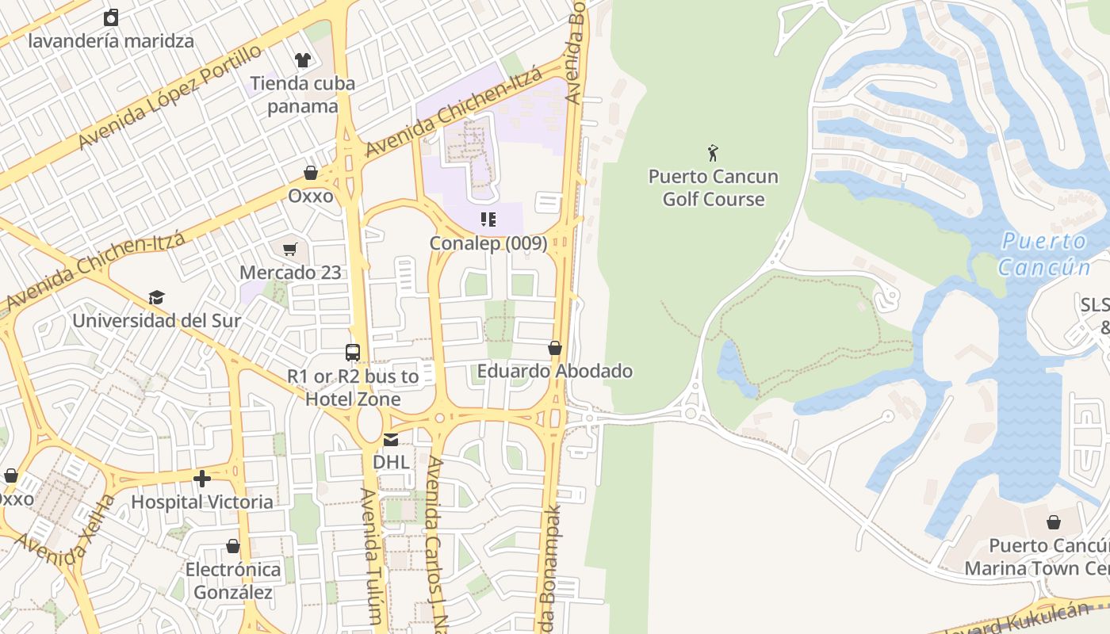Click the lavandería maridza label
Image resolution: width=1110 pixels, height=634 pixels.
111,40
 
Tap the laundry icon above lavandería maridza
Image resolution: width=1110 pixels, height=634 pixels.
111,17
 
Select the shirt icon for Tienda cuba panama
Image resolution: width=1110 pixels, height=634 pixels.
302,59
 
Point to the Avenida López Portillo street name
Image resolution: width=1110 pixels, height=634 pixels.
170,97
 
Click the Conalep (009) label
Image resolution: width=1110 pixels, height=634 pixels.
488,243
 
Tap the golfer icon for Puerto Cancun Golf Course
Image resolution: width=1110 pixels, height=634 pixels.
713,152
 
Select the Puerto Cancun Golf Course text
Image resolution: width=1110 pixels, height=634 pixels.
713,188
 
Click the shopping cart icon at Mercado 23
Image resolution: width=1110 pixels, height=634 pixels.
290,250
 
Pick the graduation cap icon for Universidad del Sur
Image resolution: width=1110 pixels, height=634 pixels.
156,298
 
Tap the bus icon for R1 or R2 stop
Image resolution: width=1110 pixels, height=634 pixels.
353,353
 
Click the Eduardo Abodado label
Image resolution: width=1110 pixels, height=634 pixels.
554,371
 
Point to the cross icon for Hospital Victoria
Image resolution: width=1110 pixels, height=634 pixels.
202,479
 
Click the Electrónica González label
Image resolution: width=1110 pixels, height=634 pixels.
233,581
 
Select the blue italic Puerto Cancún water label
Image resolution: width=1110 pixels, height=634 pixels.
1043,254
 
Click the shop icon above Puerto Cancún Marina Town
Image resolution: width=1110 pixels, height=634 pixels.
1054,522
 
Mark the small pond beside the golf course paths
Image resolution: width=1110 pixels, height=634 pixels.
734,369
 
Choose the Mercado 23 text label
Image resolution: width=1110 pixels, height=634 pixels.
290,273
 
